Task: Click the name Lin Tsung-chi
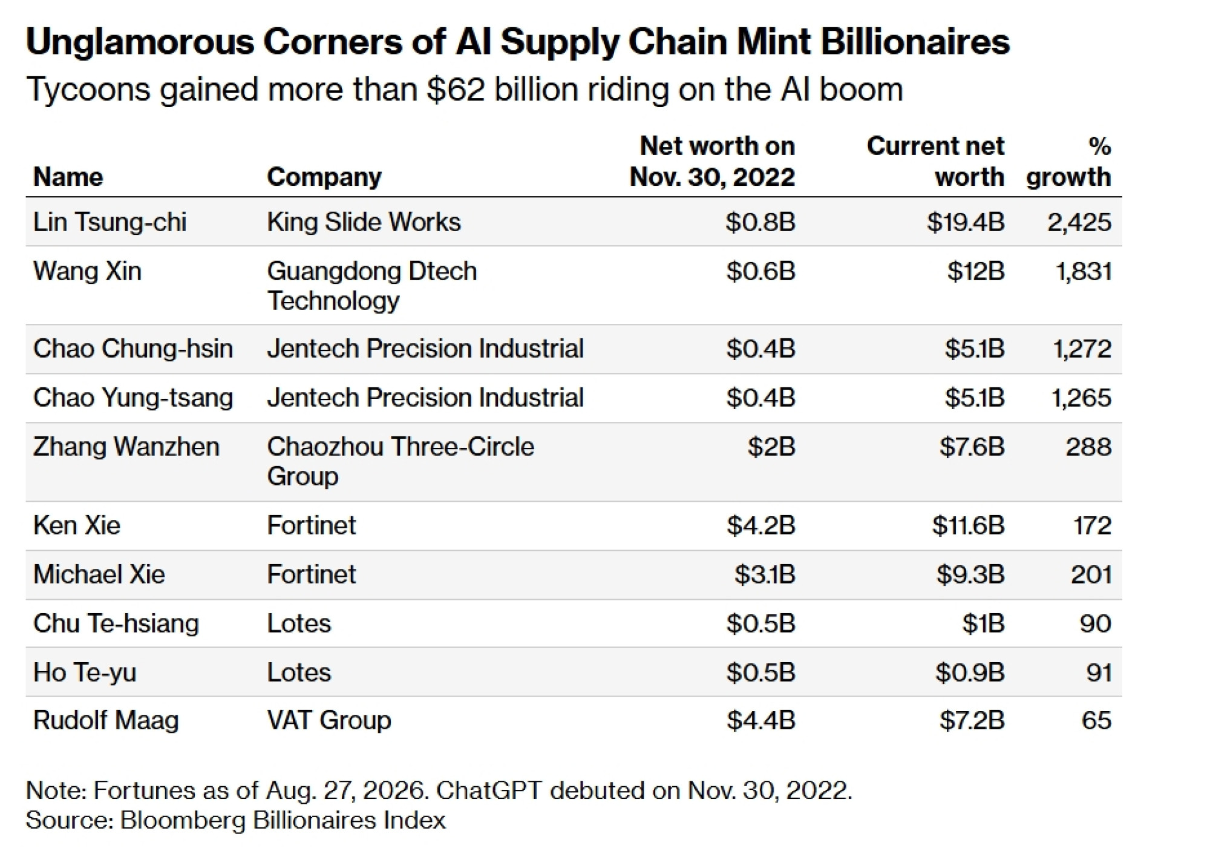110,222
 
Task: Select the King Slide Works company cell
364,222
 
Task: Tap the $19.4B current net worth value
966,222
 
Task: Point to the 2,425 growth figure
1079,222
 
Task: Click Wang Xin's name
87,271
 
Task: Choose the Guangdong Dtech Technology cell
372,286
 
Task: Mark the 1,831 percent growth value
1083,271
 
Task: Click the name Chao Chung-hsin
133,349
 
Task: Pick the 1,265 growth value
1081,398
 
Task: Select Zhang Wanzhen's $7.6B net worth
972,447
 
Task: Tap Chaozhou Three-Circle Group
401,461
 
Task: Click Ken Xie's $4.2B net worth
761,525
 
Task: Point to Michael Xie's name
99,574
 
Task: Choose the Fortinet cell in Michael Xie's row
312,574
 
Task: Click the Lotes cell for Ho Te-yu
299,672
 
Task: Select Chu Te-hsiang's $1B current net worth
983,623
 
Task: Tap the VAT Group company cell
329,720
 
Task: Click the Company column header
324,177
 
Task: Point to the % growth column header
1068,162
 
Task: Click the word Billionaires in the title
915,42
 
